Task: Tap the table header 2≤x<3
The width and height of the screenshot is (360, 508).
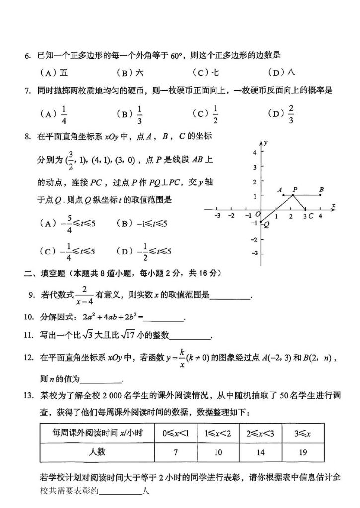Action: click(x=260, y=433)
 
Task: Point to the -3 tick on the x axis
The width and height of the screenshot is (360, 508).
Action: click(x=216, y=216)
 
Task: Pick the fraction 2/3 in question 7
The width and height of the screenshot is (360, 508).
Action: click(x=291, y=113)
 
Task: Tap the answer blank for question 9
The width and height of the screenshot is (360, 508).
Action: click(x=230, y=298)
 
